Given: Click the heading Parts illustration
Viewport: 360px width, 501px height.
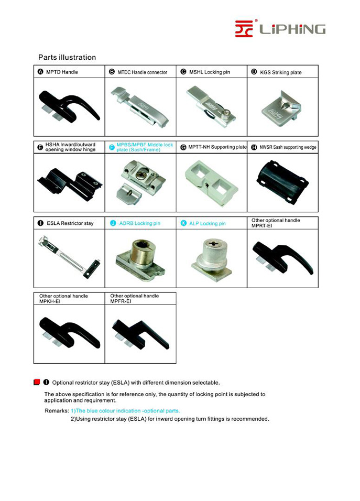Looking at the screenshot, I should [67, 57].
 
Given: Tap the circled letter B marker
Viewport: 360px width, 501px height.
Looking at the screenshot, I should [112, 72].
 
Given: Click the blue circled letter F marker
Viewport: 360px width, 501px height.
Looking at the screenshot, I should [112, 147].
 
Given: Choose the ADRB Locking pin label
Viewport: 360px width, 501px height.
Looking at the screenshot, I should [139, 223].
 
